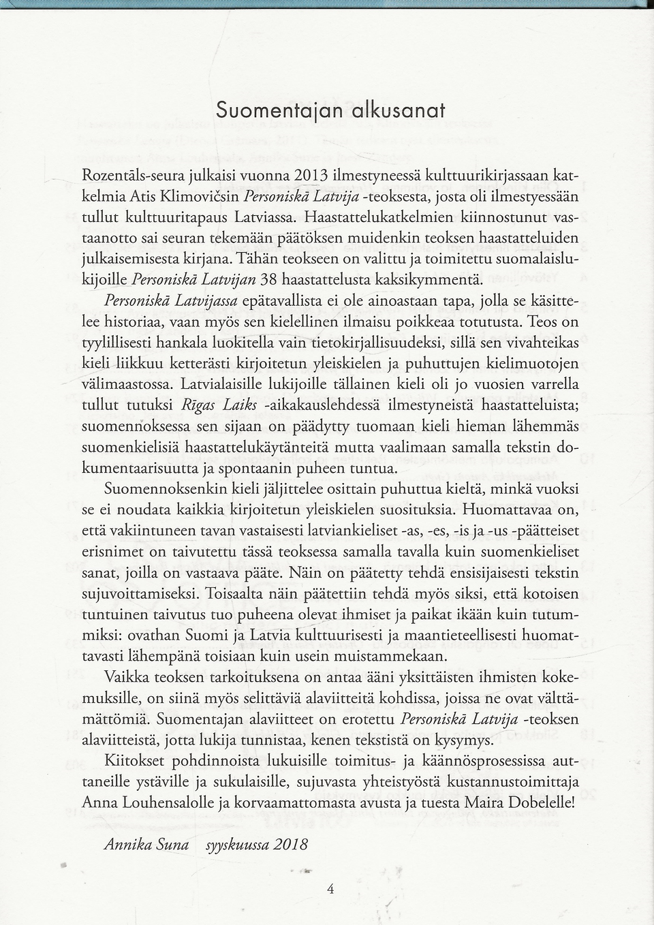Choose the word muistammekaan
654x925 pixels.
coord(393,657)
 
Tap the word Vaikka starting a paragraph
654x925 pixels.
coord(127,678)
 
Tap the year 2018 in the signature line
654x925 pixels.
coord(291,845)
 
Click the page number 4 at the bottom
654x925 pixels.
coord(330,888)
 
